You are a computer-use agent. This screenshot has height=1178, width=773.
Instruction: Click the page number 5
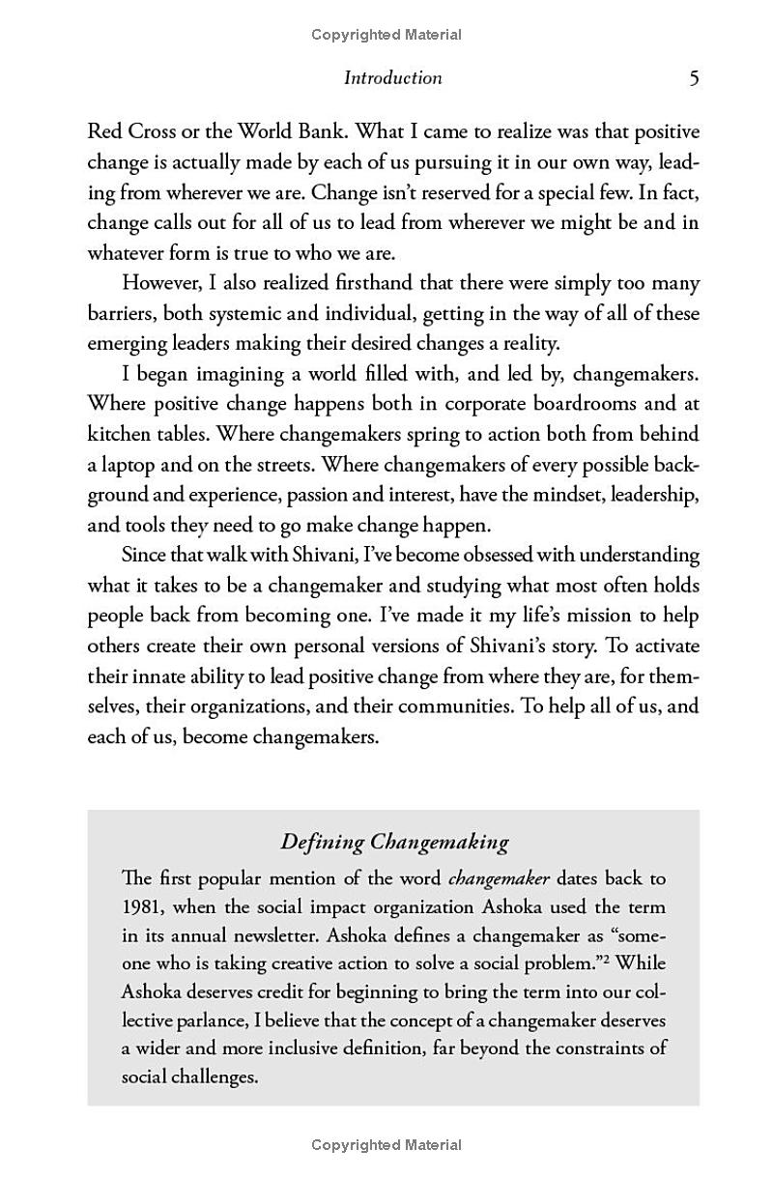click(694, 78)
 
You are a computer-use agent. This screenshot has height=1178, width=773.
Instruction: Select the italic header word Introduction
click(392, 78)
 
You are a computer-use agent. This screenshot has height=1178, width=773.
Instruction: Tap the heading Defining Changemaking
click(394, 842)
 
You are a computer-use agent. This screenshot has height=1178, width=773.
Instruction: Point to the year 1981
click(141, 907)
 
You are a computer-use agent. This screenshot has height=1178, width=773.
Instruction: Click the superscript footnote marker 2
click(607, 960)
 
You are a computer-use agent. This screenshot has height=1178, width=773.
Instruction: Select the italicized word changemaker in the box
click(499, 879)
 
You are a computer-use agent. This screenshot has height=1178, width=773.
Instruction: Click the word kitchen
click(120, 434)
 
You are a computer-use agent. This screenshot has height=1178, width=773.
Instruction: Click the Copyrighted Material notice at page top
click(386, 35)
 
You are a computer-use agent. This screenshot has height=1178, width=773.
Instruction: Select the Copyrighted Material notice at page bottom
click(386, 1145)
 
